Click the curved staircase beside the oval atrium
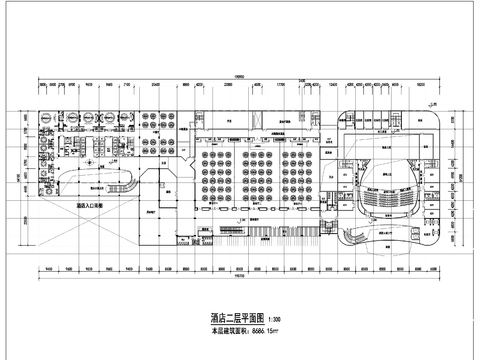point(128,184)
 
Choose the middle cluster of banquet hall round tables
point(257,175)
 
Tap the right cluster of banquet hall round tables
point(299,175)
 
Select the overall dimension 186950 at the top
point(240,76)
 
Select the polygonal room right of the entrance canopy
point(158,208)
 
